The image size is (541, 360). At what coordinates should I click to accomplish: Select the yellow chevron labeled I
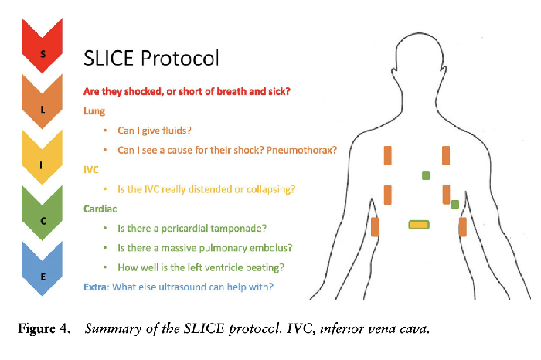tap(43, 161)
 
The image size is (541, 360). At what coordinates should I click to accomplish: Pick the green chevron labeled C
tap(43, 218)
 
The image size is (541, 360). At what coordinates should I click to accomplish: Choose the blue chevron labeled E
tap(43, 273)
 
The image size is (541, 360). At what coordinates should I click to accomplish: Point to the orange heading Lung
tap(95, 110)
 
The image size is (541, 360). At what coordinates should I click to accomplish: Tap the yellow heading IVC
tap(92, 169)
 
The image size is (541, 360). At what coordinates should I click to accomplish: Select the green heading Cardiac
tap(100, 209)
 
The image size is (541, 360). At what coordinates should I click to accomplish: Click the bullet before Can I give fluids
tap(105, 131)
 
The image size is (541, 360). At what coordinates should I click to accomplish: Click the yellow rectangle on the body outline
tap(418, 224)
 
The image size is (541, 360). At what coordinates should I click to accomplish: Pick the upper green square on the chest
tap(425, 175)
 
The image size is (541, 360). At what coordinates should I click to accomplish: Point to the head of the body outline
tap(417, 58)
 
